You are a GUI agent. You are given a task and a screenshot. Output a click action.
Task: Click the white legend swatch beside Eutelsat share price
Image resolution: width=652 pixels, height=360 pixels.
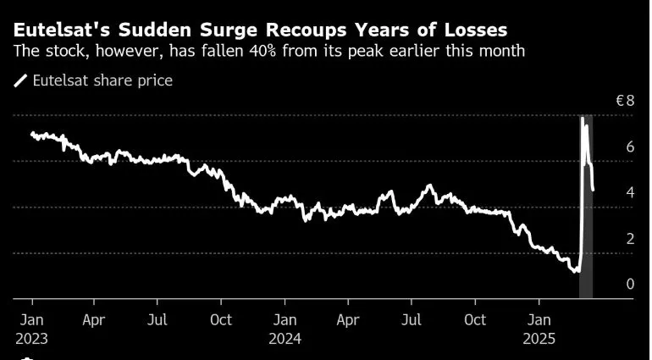(x=20, y=81)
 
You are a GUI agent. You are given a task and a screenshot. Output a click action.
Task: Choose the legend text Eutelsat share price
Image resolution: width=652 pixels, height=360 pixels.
(x=102, y=81)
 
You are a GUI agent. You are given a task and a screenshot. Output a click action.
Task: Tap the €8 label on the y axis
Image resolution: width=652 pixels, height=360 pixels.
(x=625, y=101)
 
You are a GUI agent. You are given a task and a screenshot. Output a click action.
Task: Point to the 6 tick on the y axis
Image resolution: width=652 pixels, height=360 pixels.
(x=629, y=147)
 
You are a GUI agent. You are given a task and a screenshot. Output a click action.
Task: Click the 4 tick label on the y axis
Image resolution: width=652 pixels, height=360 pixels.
(x=629, y=193)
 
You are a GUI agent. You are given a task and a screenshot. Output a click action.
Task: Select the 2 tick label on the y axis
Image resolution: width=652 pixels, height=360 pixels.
(x=629, y=239)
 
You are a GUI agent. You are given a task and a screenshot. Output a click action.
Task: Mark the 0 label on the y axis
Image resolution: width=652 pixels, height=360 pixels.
(x=629, y=285)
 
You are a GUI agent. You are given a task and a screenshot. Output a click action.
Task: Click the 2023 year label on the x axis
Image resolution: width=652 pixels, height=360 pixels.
(x=31, y=338)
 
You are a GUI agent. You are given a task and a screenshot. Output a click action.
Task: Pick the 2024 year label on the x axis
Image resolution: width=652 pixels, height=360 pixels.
(x=285, y=338)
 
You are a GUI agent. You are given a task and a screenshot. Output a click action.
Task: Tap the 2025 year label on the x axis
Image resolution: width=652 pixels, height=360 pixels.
(x=539, y=338)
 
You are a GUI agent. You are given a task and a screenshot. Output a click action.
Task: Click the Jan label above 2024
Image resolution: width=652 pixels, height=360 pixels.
(x=285, y=320)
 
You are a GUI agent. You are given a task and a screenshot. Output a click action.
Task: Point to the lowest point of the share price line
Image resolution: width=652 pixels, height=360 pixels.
(x=576, y=271)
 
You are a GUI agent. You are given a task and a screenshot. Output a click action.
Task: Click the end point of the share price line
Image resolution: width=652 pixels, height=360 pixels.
(x=593, y=190)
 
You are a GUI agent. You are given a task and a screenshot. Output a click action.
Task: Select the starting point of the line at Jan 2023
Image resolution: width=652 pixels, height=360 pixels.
(x=32, y=133)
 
